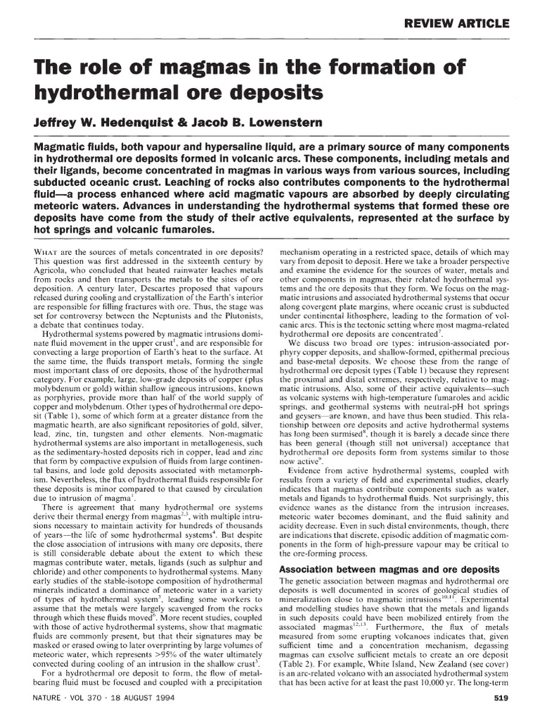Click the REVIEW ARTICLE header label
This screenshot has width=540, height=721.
pos(456,23)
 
